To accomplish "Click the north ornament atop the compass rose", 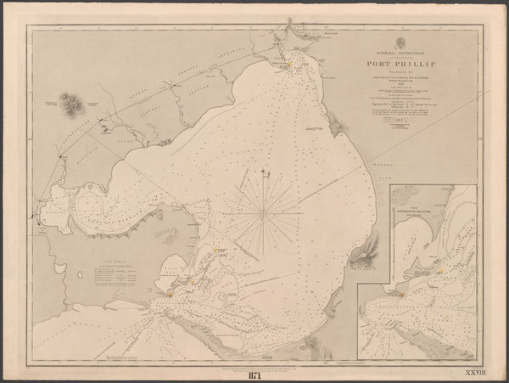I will click(265, 174).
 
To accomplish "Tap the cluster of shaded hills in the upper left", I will click(70, 104).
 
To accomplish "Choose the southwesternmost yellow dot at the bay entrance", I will click(170, 293).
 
